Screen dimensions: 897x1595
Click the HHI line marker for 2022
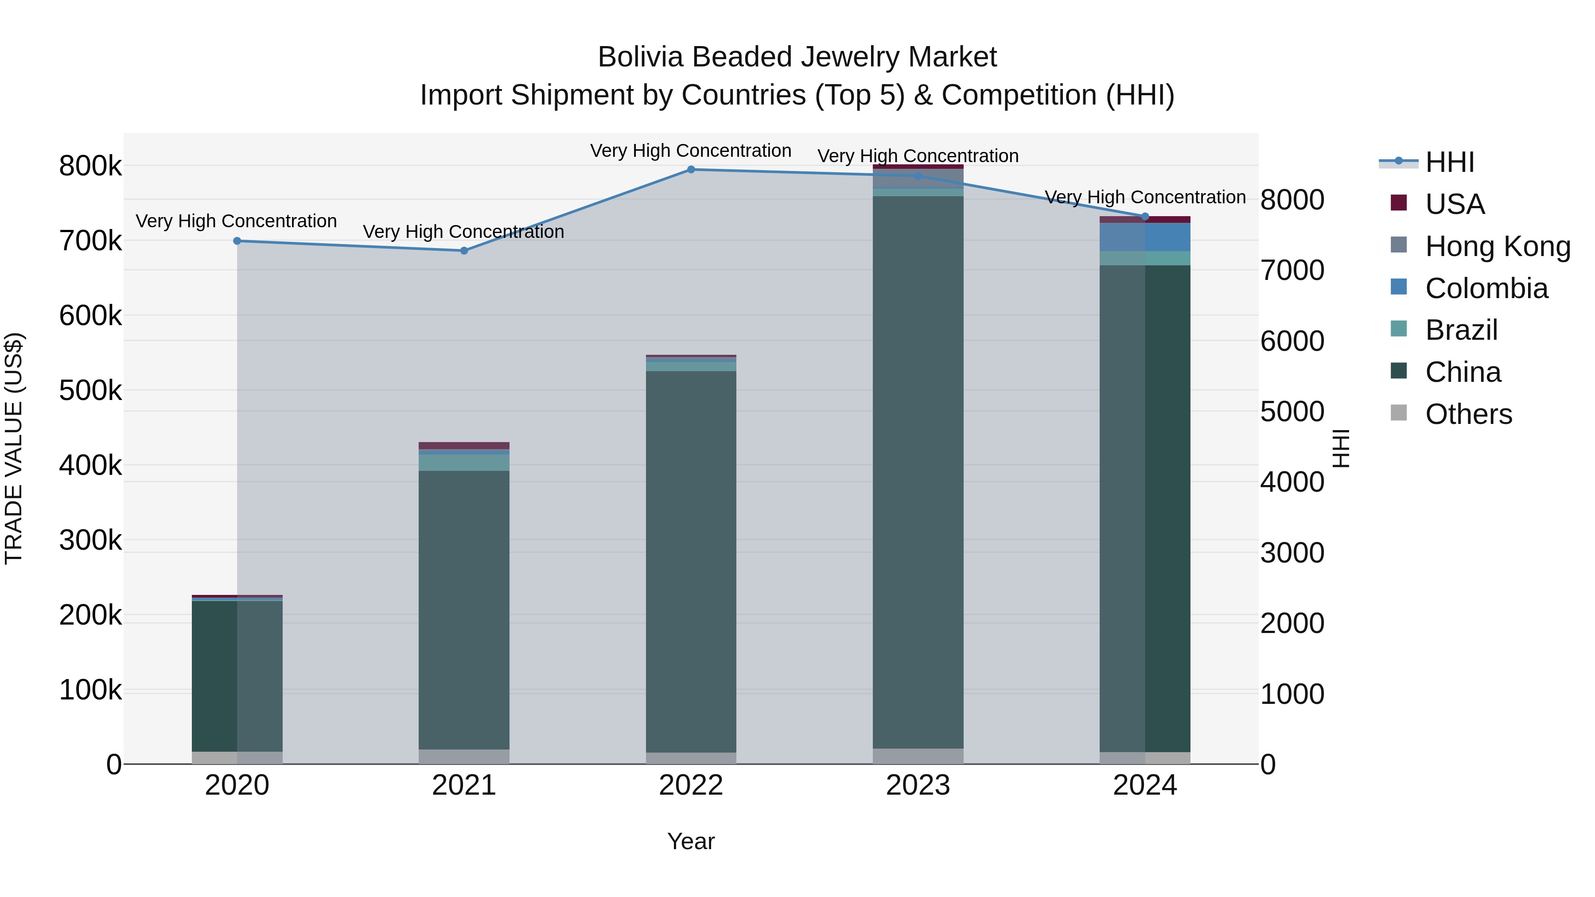691,170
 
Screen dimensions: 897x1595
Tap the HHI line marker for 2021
464,251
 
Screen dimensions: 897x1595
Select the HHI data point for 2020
237,241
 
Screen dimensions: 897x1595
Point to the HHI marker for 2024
1145,217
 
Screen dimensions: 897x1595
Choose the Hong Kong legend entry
1497,246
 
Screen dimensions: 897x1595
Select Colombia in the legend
1486,288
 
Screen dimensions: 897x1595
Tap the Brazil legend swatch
1399,329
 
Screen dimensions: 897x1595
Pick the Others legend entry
1468,414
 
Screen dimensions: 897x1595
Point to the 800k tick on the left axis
90,166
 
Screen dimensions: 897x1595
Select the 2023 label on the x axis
918,785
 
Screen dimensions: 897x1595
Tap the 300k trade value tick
90,540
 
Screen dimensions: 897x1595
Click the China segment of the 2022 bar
691,557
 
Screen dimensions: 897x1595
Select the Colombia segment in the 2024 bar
1145,237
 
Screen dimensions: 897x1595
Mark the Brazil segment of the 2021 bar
464,463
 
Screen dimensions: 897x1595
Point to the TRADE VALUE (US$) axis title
14,448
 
